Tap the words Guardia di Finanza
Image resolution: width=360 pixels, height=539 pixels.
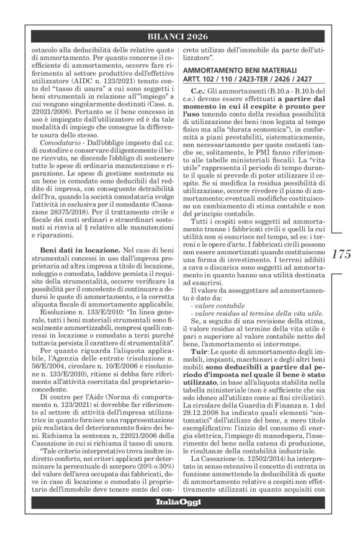[277, 401]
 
